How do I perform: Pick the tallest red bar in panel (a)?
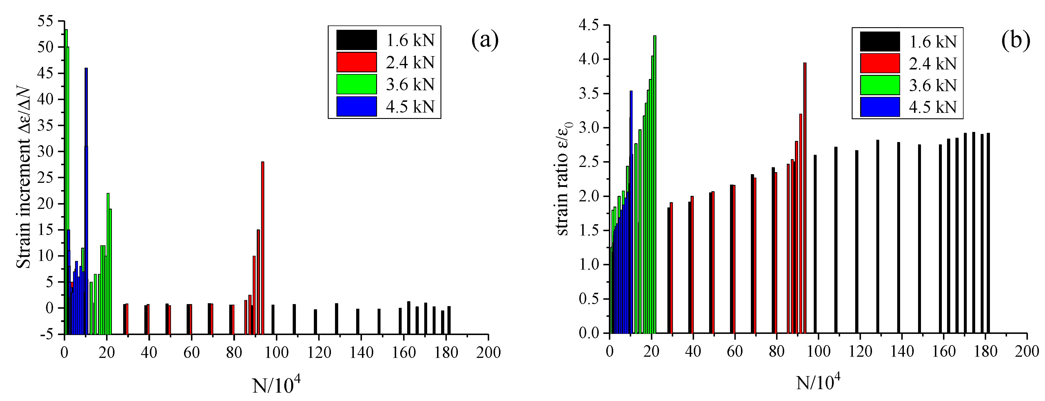pos(263,243)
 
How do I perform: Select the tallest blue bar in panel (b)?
pos(631,162)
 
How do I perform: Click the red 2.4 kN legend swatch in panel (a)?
pos(356,62)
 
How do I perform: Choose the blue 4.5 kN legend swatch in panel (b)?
pos(880,107)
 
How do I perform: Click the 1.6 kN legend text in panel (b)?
pos(933,42)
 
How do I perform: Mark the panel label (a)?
pos(485,40)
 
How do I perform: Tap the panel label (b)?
pos(1015,41)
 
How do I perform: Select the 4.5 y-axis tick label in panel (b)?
pos(589,25)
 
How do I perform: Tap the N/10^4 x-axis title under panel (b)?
pos(818,382)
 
